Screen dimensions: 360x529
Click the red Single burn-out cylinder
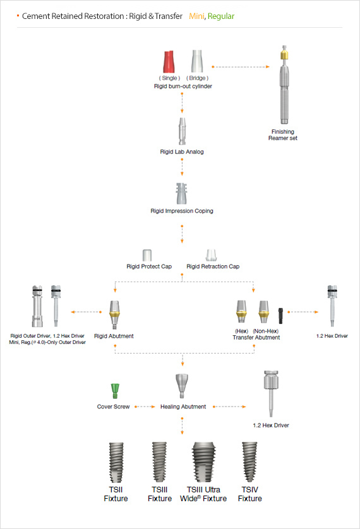[x=169, y=62]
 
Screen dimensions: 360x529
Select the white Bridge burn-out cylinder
[x=197, y=61]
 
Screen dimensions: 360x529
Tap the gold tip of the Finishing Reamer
[x=284, y=55]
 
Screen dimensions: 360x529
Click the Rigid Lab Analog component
[x=182, y=131]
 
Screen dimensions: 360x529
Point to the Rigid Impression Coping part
[x=181, y=193]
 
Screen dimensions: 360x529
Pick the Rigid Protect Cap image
[x=147, y=255]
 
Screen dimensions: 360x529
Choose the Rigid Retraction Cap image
[x=211, y=255]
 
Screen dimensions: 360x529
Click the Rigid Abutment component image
[x=114, y=314]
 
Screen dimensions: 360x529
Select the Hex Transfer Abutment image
[x=241, y=311]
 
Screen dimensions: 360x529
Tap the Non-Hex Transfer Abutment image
[x=263, y=311]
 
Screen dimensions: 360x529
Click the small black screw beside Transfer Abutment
[x=280, y=316]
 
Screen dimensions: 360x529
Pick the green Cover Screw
[x=115, y=391]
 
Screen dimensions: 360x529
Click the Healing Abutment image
[x=181, y=386]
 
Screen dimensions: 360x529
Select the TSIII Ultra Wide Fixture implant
[x=203, y=462]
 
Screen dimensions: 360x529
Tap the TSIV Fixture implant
[x=249, y=462]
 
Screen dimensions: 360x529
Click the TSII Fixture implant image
[x=116, y=463]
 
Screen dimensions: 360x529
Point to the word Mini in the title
[x=196, y=16]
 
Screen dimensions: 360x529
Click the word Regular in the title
[x=221, y=16]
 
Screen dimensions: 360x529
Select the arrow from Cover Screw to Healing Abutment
[x=145, y=407]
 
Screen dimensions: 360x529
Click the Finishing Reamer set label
[x=283, y=135]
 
